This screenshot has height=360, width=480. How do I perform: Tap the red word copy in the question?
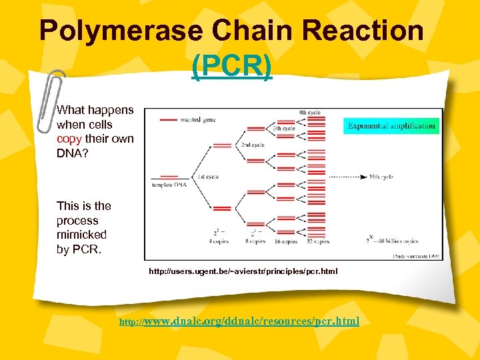69,139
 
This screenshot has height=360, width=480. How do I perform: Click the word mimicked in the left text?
81,235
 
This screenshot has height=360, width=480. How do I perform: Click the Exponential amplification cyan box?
391,125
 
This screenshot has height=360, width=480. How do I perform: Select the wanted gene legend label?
198,120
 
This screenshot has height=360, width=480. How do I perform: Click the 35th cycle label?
381,177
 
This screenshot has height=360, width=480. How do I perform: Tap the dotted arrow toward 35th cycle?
347,177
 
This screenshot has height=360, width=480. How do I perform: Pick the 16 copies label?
285,241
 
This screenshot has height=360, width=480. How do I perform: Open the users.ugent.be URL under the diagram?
243,271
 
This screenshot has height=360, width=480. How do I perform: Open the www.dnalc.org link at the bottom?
250,321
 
